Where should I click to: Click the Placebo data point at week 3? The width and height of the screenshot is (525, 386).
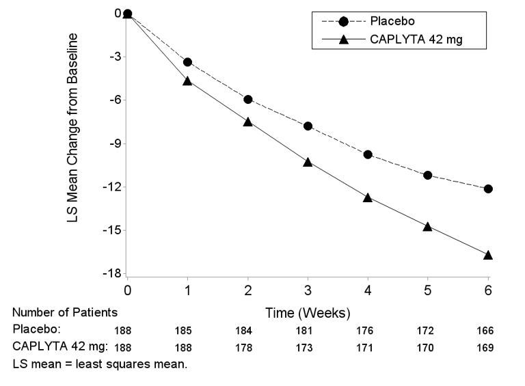pyautogui.click(x=308, y=126)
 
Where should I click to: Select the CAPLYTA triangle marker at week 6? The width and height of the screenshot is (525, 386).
pyautogui.click(x=488, y=255)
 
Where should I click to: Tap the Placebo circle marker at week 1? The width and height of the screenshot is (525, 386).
pyautogui.click(x=187, y=62)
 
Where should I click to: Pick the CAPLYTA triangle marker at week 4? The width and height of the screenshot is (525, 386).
pyautogui.click(x=368, y=197)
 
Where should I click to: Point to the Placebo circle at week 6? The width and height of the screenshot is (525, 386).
pyautogui.click(x=488, y=189)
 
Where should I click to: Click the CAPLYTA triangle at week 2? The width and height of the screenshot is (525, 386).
pyautogui.click(x=247, y=122)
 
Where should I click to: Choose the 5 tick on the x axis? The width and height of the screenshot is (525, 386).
pyautogui.click(x=428, y=290)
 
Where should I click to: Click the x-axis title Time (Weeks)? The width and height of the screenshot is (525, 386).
pyautogui.click(x=308, y=313)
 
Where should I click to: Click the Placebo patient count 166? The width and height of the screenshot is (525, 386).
pyautogui.click(x=485, y=331)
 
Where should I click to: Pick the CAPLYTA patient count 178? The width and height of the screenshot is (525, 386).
pyautogui.click(x=244, y=348)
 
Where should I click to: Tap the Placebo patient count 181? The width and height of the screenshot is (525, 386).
pyautogui.click(x=304, y=331)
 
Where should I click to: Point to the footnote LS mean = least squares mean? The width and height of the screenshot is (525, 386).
pyautogui.click(x=99, y=364)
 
